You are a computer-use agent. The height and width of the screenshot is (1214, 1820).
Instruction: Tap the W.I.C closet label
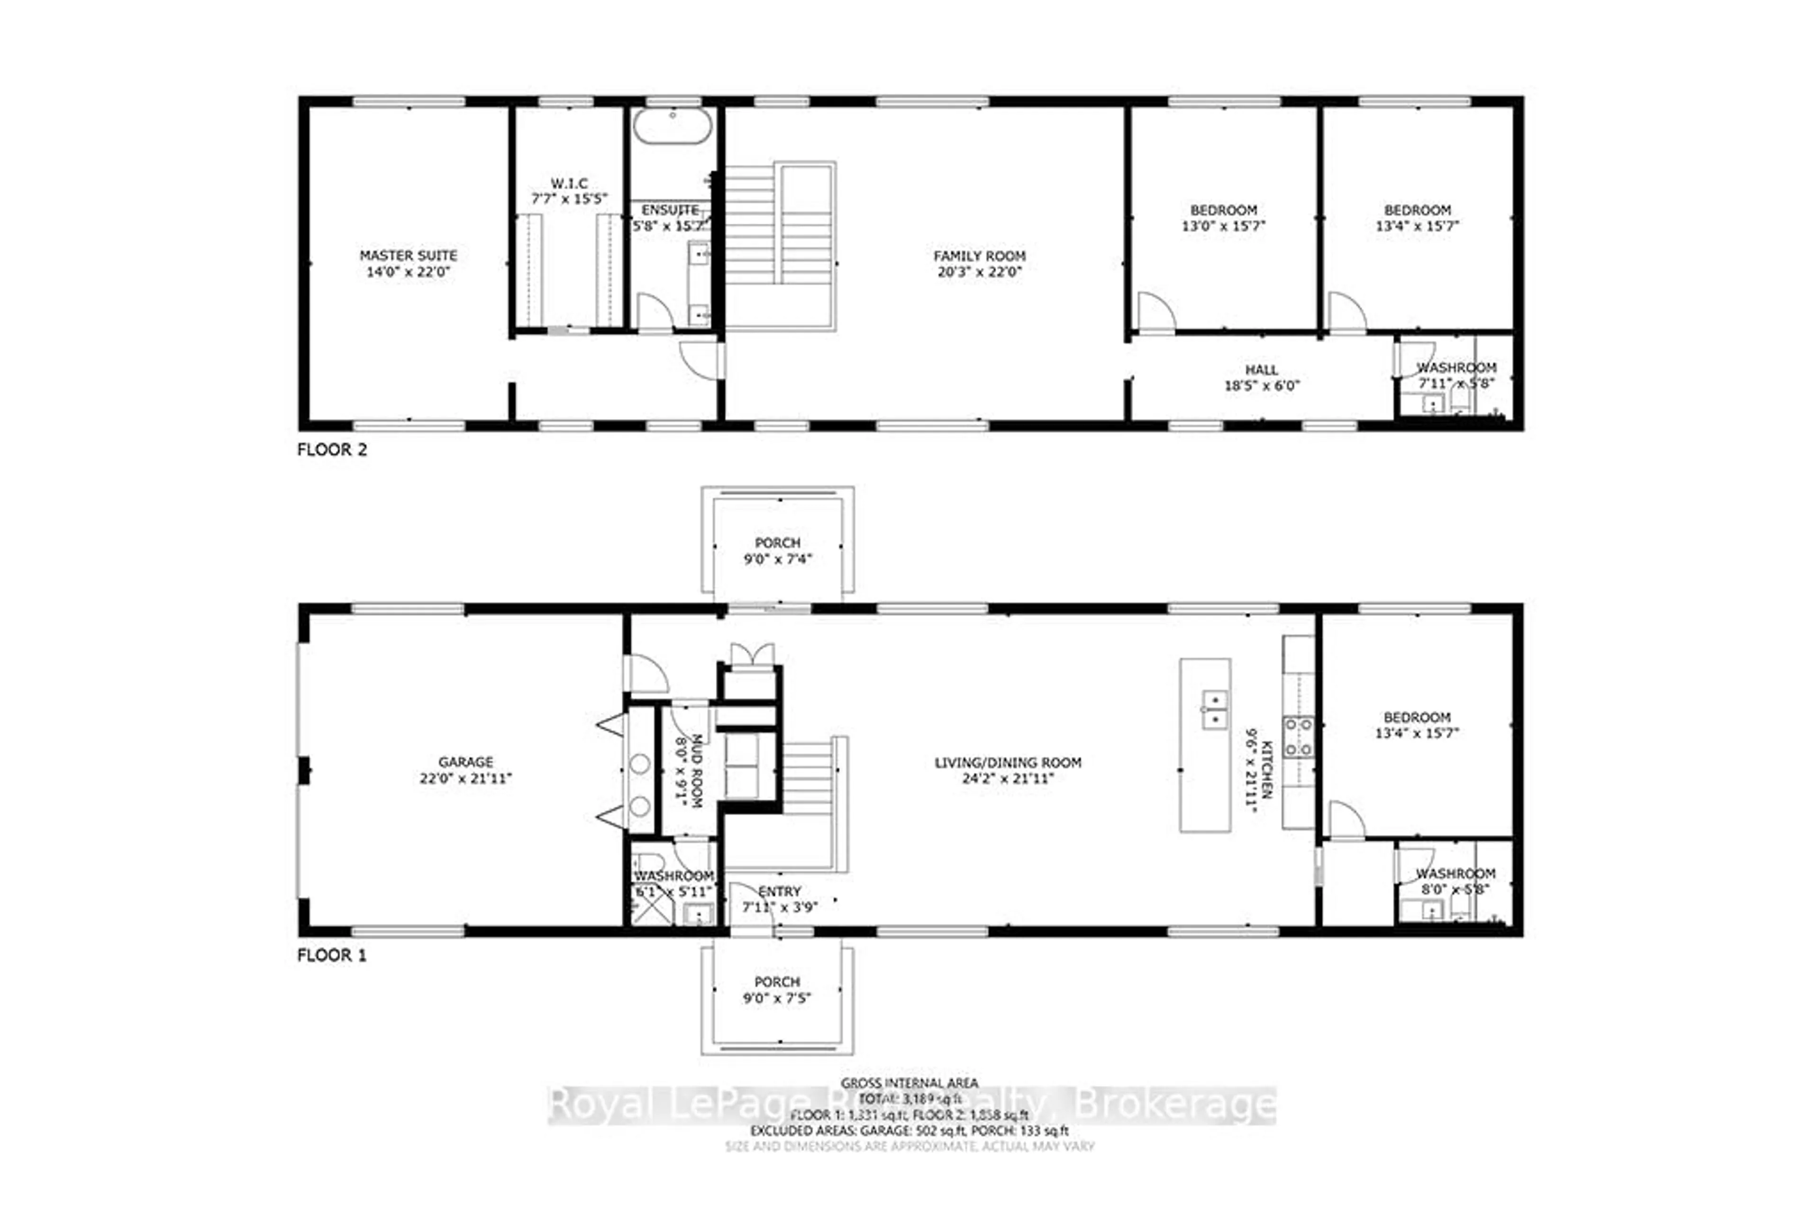click(x=569, y=183)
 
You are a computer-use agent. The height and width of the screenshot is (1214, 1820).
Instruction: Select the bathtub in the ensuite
click(x=673, y=126)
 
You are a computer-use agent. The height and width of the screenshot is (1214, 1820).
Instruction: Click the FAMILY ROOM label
click(x=979, y=256)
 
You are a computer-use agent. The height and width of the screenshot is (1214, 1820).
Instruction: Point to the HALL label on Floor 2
click(x=1261, y=370)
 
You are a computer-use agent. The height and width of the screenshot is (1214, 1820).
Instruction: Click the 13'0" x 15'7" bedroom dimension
click(x=1223, y=226)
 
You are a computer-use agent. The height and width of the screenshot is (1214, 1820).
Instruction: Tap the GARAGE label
click(x=465, y=762)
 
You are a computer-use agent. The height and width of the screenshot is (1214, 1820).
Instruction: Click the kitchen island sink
click(x=1214, y=710)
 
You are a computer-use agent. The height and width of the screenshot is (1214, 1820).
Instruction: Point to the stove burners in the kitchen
click(x=1298, y=736)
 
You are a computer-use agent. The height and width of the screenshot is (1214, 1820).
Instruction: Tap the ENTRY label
click(x=780, y=891)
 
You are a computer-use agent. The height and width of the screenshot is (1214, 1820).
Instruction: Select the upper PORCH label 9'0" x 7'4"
click(x=777, y=550)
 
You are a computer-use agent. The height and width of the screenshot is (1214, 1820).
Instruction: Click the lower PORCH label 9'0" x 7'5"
click(x=777, y=989)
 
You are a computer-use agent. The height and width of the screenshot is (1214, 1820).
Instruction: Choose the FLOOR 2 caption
click(x=332, y=450)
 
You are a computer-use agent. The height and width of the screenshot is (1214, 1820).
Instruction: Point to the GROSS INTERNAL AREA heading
click(x=910, y=1082)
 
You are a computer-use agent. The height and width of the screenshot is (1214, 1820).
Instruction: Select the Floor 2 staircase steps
click(x=749, y=225)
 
